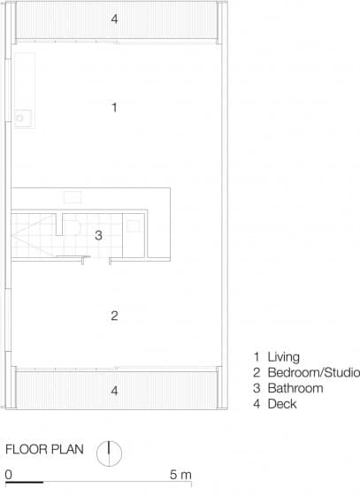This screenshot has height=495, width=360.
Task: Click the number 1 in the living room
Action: tap(115, 107)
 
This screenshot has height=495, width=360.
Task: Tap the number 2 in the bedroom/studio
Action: tap(114, 316)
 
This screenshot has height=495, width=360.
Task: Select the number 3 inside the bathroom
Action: tap(98, 235)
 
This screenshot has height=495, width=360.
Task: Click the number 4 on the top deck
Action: tap(114, 19)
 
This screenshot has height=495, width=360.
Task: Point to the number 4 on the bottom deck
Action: tap(114, 391)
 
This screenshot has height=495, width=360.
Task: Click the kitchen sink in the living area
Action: tap(23, 118)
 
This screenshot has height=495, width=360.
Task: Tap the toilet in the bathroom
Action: tap(73, 226)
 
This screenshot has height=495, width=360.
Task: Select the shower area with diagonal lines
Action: tap(32, 235)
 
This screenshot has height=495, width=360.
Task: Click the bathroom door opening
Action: tap(96, 260)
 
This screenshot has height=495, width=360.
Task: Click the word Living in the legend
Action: tap(284, 357)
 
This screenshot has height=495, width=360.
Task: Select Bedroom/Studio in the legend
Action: tap(314, 372)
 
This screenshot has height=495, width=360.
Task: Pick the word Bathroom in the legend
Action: tap(295, 388)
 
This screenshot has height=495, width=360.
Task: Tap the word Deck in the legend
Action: tap(282, 404)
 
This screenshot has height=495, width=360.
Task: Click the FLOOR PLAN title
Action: tap(44, 449)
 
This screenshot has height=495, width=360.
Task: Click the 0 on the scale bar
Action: tap(9, 475)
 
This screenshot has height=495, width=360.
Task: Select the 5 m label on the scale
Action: tap(180, 475)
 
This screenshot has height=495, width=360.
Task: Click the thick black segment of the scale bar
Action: tap(24, 482)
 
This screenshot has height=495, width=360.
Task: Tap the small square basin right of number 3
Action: tap(133, 226)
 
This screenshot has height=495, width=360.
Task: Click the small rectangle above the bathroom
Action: tap(73, 197)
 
